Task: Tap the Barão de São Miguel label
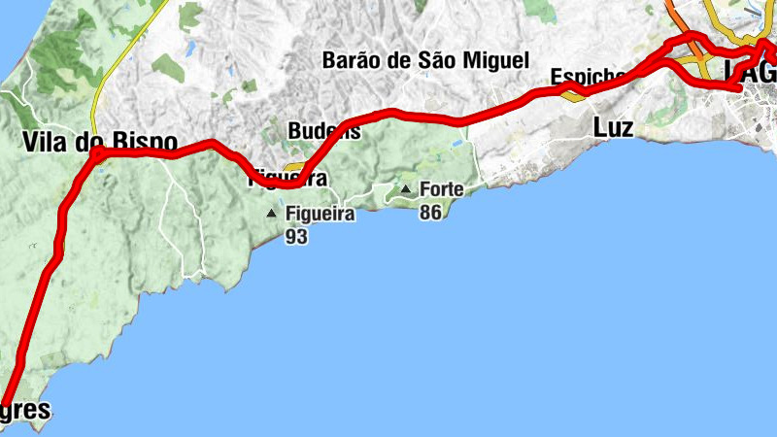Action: pyautogui.click(x=424, y=60)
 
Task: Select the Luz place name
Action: pyautogui.click(x=613, y=127)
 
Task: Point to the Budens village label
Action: pyautogui.click(x=323, y=131)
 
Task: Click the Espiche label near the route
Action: pyautogui.click(x=586, y=76)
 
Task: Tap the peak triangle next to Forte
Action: pyautogui.click(x=406, y=188)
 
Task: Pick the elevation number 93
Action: pyautogui.click(x=297, y=236)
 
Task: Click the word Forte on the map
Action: pyautogui.click(x=441, y=189)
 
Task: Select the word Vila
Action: pyautogui.click(x=44, y=142)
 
